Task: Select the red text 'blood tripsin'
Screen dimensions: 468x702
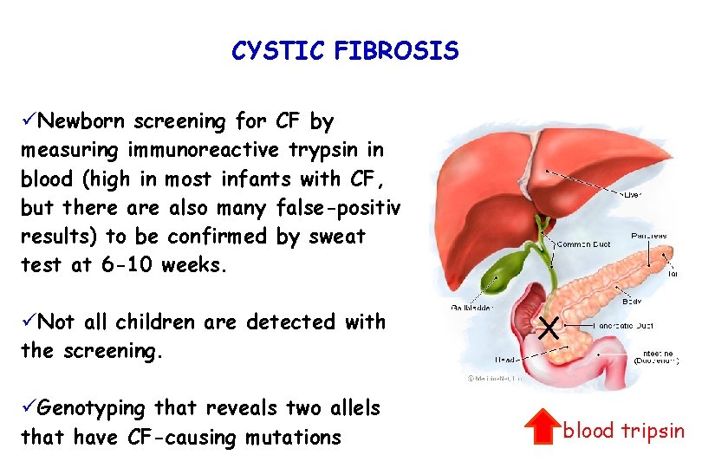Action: pos(623,430)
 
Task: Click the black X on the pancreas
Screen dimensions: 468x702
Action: pos(548,328)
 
